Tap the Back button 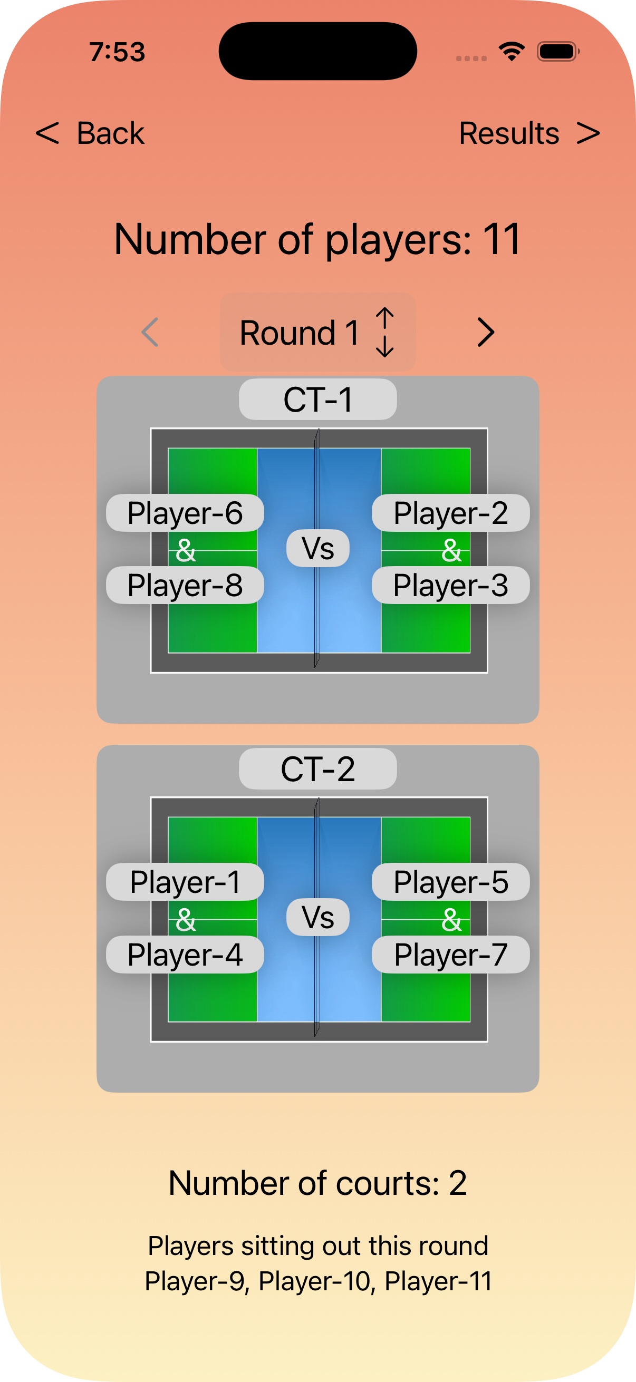(90, 133)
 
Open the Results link (529, 133)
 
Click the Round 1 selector (317, 333)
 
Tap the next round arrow (485, 333)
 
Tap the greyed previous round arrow (150, 333)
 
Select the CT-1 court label (317, 400)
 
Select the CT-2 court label (317, 769)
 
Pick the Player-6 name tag (185, 513)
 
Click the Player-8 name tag (185, 585)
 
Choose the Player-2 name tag (451, 513)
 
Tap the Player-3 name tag (451, 585)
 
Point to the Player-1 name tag (185, 882)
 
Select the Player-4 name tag (185, 955)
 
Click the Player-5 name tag (451, 882)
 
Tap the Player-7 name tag (451, 955)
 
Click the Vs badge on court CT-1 (317, 548)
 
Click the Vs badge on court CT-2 (317, 917)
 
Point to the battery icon (558, 52)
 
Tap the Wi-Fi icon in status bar (512, 52)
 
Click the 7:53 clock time (117, 52)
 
